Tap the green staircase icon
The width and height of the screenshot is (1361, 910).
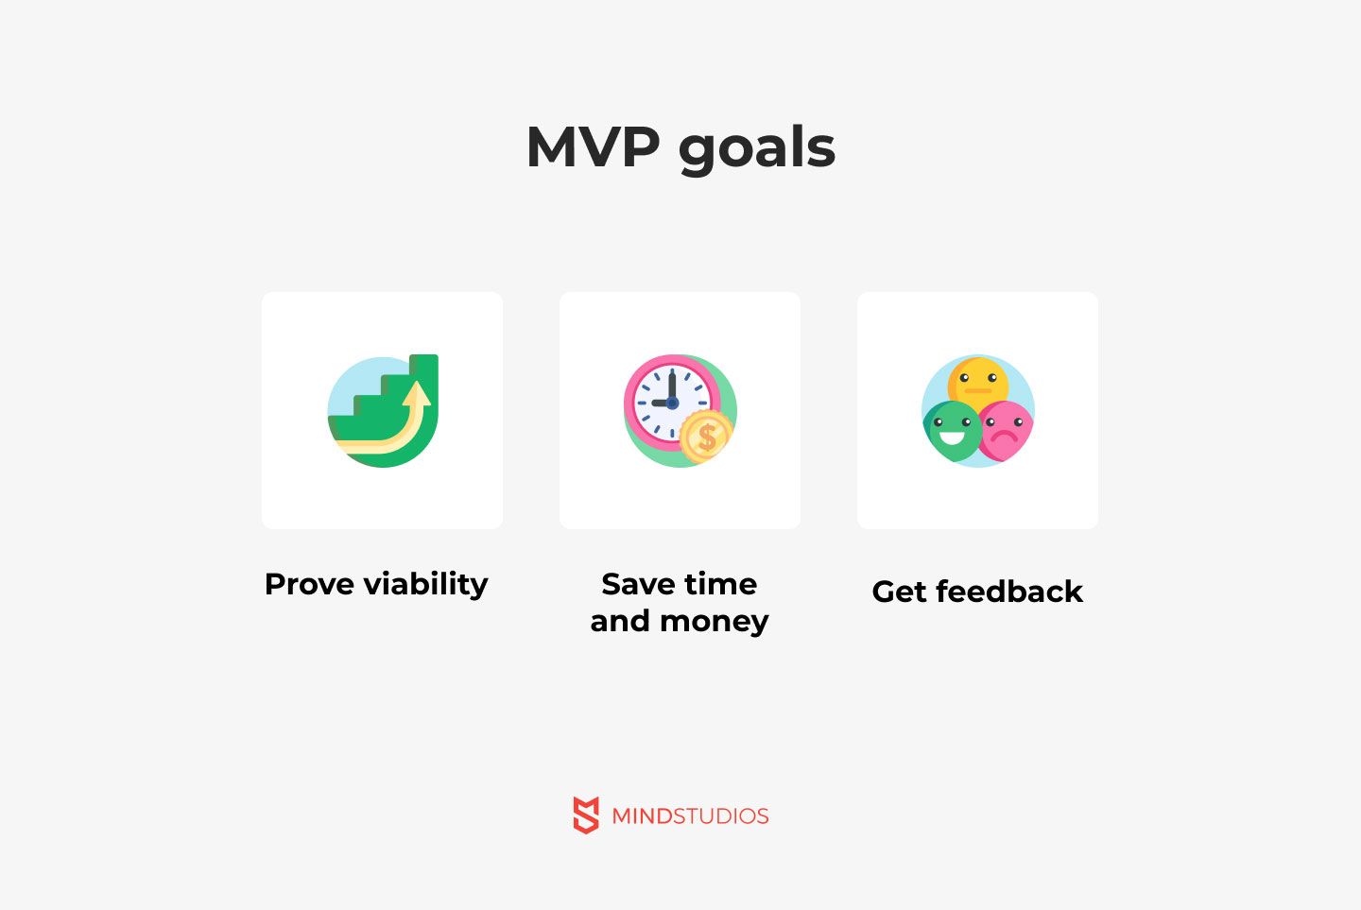pos(383,411)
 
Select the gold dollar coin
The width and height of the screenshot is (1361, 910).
pos(706,437)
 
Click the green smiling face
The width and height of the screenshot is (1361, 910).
pos(951,431)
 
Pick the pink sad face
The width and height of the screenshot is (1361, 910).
pos(1005,430)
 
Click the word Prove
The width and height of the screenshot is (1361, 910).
pos(309,584)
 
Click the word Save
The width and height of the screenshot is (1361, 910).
pos(638,584)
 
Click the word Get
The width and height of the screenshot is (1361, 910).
pos(899,592)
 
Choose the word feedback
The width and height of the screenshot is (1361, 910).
pos(1009,592)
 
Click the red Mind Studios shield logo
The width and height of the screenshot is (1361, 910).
pos(586,815)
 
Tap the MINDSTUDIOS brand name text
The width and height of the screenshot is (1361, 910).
pos(690,816)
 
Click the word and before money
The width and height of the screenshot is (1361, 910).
pos(620,621)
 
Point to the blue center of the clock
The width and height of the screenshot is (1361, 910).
pos(672,403)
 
